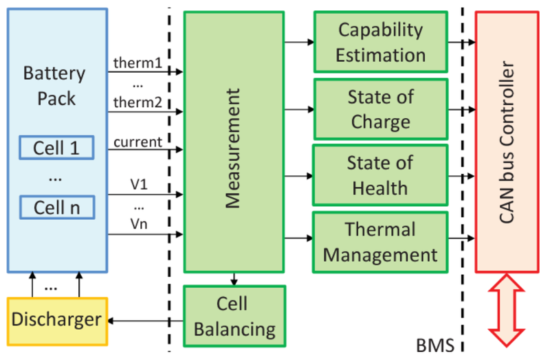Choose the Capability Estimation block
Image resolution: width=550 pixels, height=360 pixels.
point(379,41)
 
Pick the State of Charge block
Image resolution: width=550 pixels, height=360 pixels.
point(380,109)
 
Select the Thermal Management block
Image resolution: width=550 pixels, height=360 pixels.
point(380,242)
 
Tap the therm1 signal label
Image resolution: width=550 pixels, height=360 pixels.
point(138,63)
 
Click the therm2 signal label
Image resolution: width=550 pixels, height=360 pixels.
point(138,103)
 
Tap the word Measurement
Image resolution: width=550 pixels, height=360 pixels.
point(234,147)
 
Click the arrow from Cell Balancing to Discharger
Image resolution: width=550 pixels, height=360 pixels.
point(145,320)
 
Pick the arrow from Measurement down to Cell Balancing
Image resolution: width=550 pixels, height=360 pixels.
point(234,278)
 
